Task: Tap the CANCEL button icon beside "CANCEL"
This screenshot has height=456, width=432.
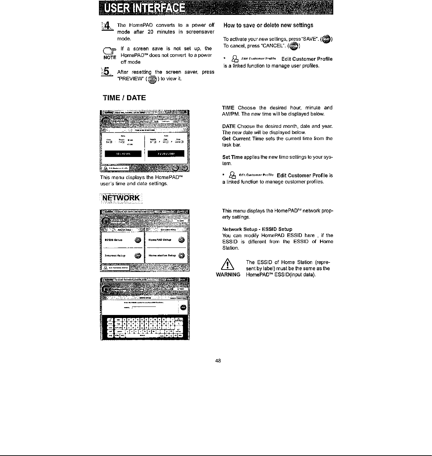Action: click(294, 46)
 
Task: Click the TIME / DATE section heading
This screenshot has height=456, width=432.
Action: click(124, 98)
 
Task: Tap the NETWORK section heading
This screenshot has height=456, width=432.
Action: click(121, 198)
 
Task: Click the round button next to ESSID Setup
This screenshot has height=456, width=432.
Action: click(138, 240)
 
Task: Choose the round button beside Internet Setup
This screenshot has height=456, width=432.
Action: click(138, 256)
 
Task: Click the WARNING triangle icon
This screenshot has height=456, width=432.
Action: click(228, 264)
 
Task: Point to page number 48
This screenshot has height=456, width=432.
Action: click(218, 361)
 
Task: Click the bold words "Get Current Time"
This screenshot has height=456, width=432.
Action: click(243, 139)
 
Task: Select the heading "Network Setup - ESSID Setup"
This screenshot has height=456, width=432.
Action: click(257, 229)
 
